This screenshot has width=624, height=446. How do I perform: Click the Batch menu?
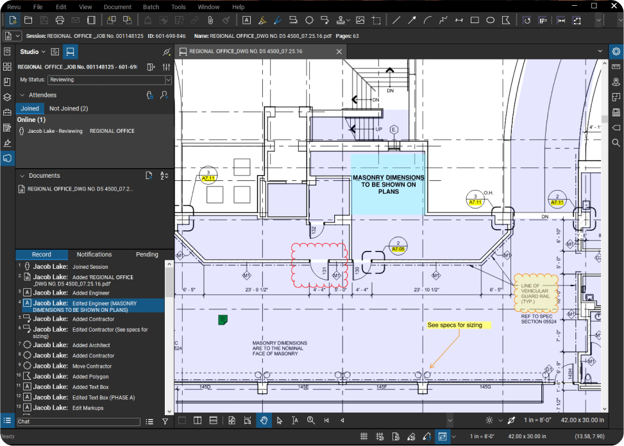(x=151, y=6)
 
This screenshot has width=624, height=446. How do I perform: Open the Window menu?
(x=208, y=6)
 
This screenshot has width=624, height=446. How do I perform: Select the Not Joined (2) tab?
(x=69, y=108)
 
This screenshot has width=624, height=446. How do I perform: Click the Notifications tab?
(x=94, y=255)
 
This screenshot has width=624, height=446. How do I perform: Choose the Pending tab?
(x=147, y=255)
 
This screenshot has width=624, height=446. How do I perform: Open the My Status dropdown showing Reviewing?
(x=110, y=80)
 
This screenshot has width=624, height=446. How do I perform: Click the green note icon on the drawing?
(x=223, y=319)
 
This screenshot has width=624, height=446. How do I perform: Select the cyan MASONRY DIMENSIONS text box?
(x=387, y=184)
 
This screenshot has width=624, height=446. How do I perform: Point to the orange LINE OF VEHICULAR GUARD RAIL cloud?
(x=535, y=293)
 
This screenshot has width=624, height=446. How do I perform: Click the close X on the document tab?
(x=339, y=51)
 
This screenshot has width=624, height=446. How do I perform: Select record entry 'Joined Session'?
(x=90, y=267)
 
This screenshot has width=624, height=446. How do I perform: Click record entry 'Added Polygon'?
(x=90, y=377)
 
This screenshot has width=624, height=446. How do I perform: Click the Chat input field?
(x=78, y=422)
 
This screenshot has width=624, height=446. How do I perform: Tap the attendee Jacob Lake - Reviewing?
(x=55, y=131)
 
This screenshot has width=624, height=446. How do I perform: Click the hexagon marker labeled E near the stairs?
(x=394, y=130)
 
